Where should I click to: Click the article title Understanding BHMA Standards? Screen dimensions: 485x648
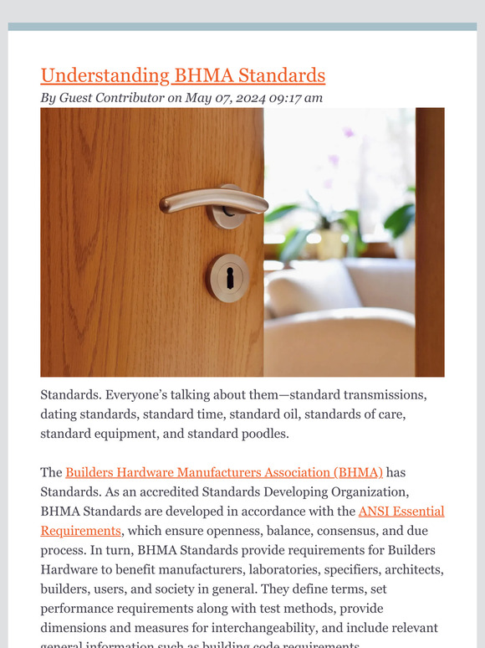(182, 75)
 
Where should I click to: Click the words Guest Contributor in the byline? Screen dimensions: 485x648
(111, 98)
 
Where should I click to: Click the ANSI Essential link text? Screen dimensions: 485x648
(401, 511)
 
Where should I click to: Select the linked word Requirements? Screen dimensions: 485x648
(81, 530)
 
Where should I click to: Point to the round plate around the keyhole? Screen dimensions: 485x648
(216, 277)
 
